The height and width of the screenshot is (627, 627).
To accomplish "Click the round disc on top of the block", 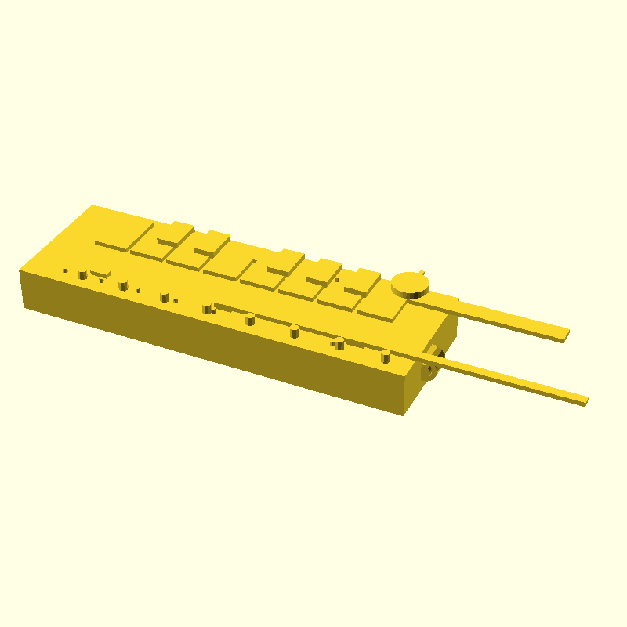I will click(x=410, y=283).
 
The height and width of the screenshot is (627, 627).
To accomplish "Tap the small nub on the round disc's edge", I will click(x=423, y=273).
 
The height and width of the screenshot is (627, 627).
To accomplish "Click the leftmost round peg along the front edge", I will click(x=82, y=274).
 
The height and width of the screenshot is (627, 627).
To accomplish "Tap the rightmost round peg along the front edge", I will click(x=386, y=357).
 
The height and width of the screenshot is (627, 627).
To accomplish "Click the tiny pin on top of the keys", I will click(x=338, y=280).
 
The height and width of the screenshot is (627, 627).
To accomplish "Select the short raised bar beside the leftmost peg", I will click(x=99, y=274).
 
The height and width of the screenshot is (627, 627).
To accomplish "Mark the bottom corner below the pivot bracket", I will click(x=403, y=414).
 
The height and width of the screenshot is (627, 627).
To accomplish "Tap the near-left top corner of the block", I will click(x=21, y=270).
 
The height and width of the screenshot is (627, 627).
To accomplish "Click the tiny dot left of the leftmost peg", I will click(x=66, y=271).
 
